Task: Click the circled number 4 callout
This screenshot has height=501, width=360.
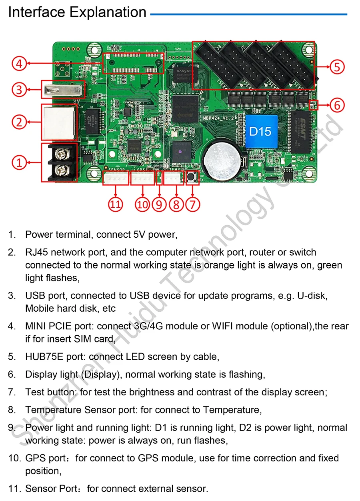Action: coord(19,63)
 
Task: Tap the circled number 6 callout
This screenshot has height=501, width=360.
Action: coord(337,105)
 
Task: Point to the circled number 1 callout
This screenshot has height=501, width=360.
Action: coord(19,162)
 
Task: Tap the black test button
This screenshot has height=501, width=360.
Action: coord(193,176)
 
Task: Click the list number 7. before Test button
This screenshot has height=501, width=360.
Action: coord(12,392)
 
